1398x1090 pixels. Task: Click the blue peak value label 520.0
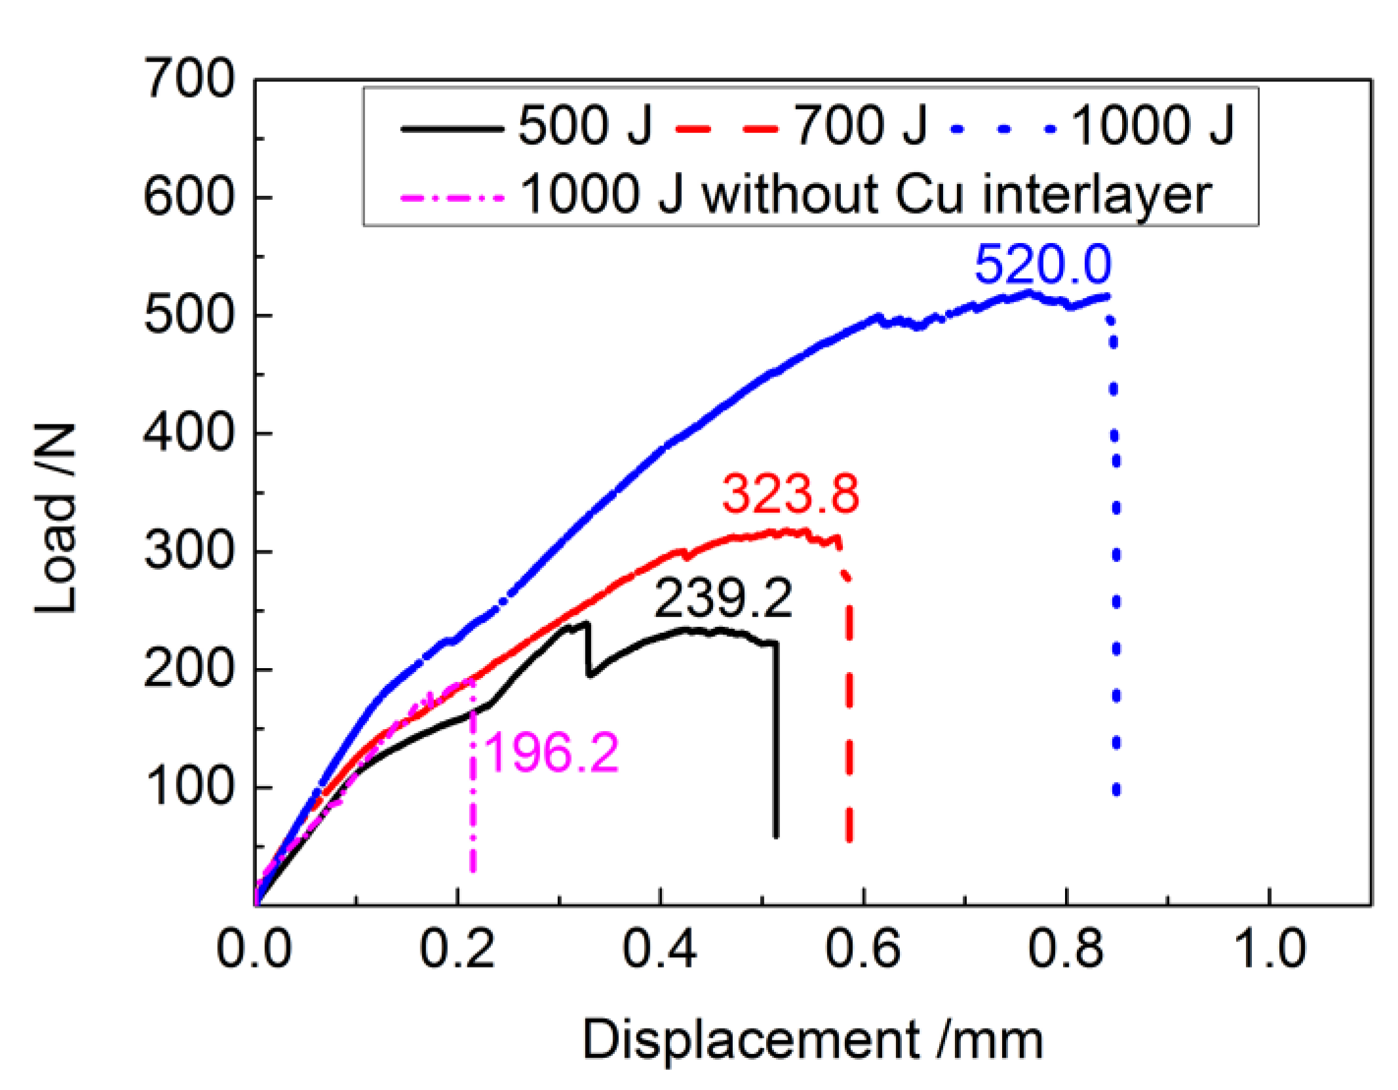[x=1043, y=264]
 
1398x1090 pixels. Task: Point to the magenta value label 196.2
[x=551, y=753]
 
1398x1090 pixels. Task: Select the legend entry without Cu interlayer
[x=806, y=194]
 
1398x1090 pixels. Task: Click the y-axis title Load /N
[x=56, y=518]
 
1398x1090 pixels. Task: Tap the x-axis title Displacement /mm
[x=812, y=1040]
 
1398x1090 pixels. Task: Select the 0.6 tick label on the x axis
[x=863, y=949]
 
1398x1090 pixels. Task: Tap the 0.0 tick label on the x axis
[x=254, y=949]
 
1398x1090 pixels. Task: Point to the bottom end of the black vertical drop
[x=776, y=835]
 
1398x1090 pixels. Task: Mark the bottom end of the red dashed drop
[x=849, y=838]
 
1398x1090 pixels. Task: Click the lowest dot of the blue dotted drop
[x=1116, y=791]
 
